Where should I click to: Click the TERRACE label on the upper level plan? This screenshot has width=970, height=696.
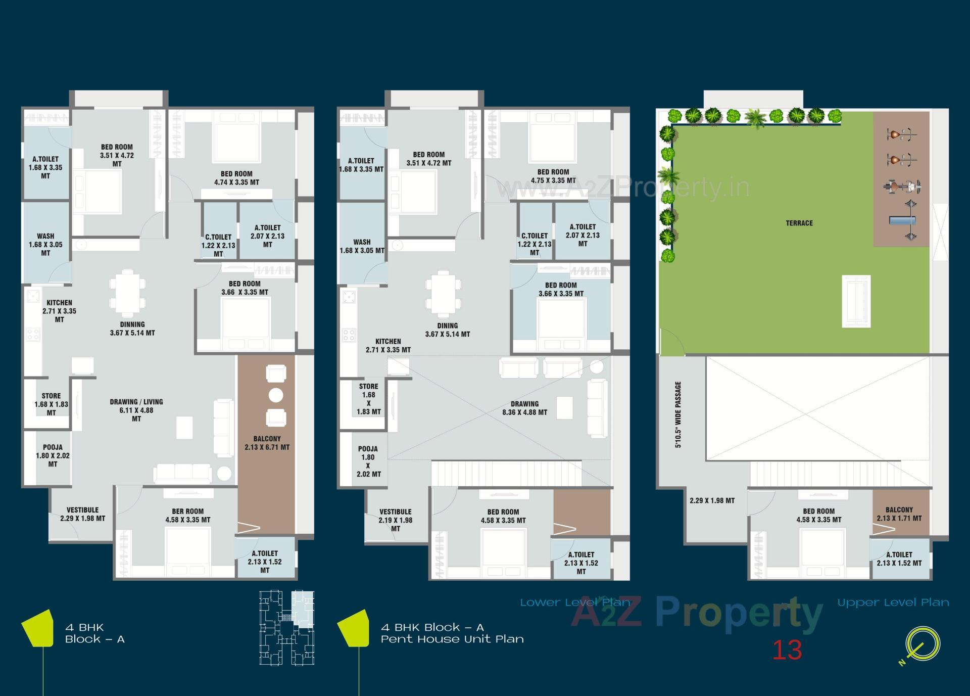(x=799, y=223)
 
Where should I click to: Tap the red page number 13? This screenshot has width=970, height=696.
(x=787, y=650)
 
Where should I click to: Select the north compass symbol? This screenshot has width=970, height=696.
(x=922, y=644)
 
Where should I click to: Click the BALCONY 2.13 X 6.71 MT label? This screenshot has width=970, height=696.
(x=267, y=443)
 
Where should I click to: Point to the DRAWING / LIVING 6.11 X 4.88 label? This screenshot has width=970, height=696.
(x=136, y=410)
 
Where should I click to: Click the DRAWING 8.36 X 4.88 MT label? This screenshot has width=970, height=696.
(x=524, y=408)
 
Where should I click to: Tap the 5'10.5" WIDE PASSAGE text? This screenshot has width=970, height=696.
(x=678, y=414)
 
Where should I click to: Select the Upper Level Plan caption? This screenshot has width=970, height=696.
(x=893, y=602)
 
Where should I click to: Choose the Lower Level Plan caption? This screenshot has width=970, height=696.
(x=575, y=602)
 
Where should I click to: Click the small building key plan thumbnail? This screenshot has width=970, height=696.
(x=286, y=628)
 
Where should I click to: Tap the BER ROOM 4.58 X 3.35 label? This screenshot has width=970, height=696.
(x=187, y=516)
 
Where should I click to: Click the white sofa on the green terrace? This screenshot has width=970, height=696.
(x=856, y=301)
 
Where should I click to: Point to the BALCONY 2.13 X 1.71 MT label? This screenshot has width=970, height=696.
(x=899, y=514)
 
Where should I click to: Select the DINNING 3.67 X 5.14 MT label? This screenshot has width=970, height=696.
(x=132, y=329)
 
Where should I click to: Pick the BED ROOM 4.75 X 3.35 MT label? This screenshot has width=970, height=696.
(x=553, y=176)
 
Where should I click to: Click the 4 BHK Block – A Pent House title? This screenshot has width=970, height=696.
(x=452, y=633)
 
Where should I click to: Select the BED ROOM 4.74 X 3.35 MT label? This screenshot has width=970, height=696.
(x=236, y=178)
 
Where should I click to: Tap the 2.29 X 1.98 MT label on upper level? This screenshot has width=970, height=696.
(x=712, y=500)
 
